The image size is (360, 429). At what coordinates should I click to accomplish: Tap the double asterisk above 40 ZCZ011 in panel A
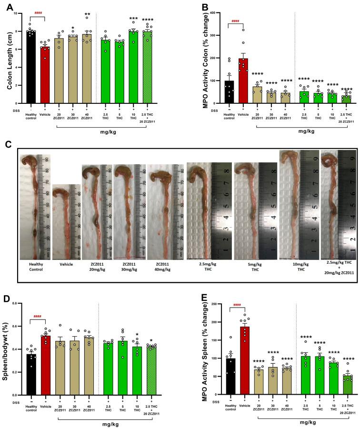(x=88, y=15)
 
